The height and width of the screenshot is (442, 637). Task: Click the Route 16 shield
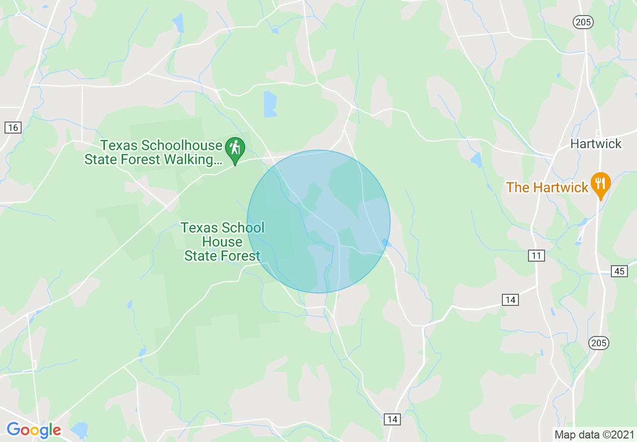click(x=13, y=128)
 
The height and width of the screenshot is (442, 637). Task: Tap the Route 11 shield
click(x=537, y=256)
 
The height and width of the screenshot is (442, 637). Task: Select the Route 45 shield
click(x=619, y=271)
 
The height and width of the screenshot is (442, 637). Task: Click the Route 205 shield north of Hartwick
click(x=583, y=22)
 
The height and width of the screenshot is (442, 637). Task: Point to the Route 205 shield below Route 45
click(x=598, y=343)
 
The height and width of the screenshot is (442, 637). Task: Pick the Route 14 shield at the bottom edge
click(x=392, y=419)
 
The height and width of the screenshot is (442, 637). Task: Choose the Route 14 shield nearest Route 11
click(x=510, y=300)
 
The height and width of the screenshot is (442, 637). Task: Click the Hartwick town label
click(x=596, y=144)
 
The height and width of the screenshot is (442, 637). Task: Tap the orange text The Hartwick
click(x=547, y=188)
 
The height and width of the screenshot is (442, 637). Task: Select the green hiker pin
click(x=235, y=149)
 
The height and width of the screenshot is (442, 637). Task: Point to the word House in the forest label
click(x=222, y=242)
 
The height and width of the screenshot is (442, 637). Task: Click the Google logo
click(x=34, y=430)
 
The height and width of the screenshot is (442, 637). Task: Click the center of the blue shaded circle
click(x=318, y=222)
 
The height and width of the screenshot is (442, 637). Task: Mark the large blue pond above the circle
click(x=270, y=104)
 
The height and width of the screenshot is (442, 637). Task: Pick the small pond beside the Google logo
click(x=79, y=430)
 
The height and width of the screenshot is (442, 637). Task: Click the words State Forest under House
click(x=222, y=256)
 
